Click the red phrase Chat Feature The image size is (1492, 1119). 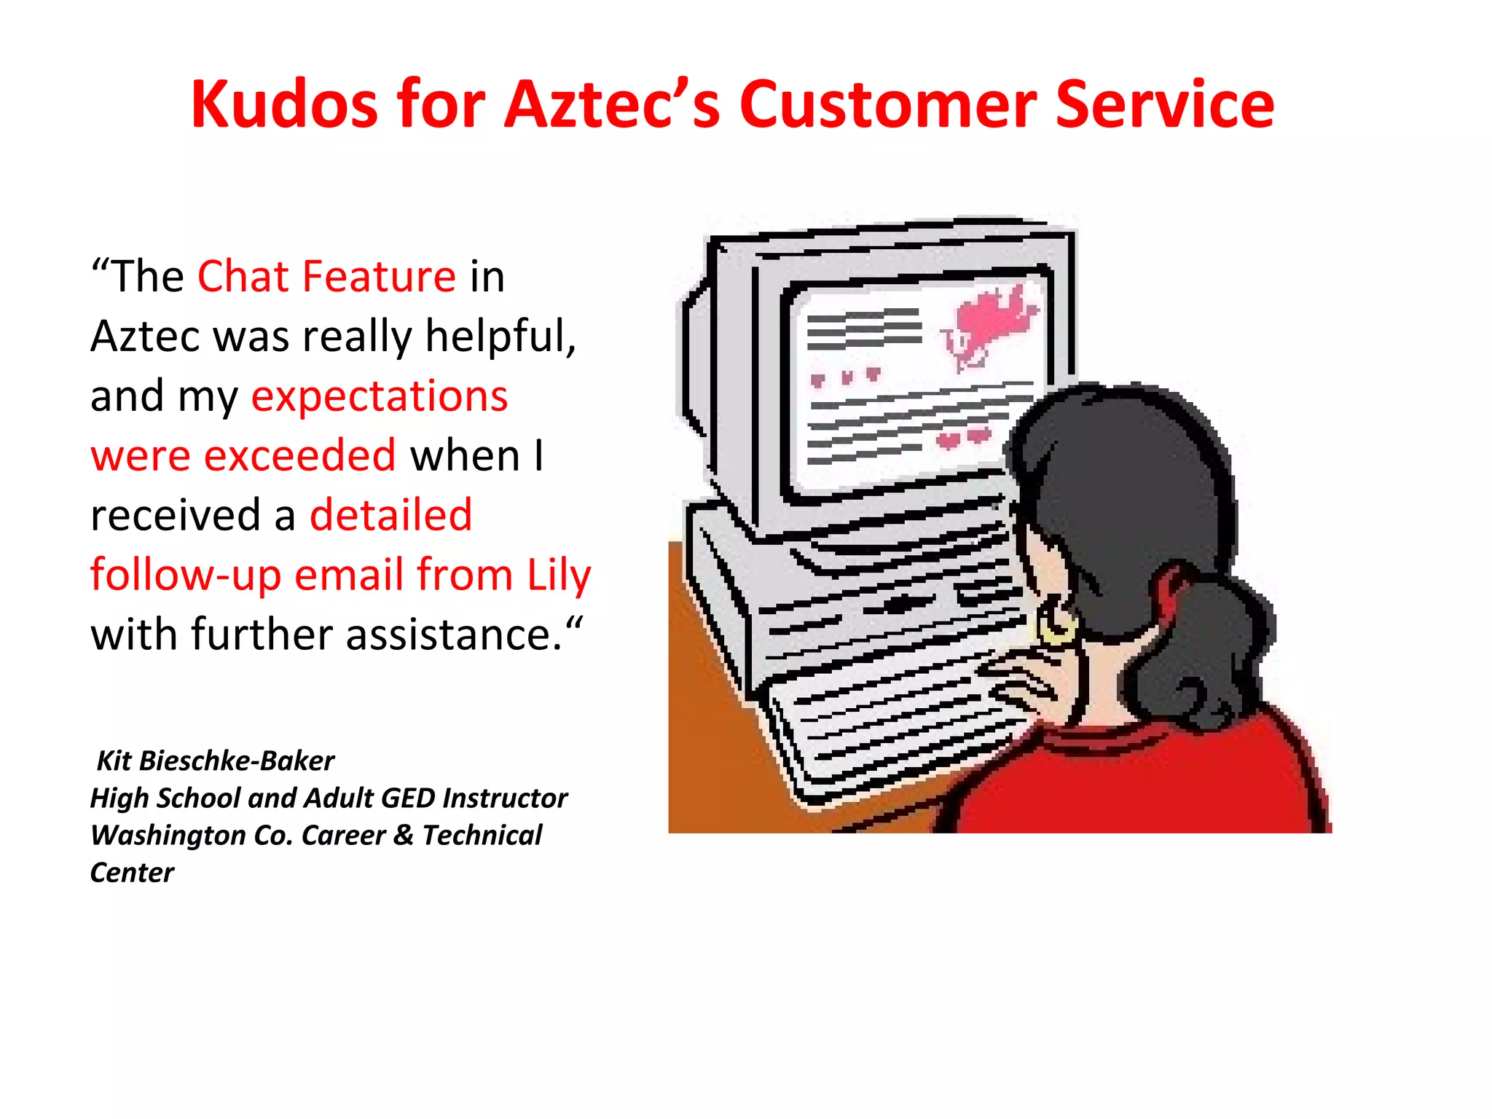[326, 277]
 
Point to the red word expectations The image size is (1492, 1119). [379, 396]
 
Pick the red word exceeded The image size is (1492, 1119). [299, 456]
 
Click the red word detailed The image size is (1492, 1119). [391, 516]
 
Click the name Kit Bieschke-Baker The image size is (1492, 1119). [216, 761]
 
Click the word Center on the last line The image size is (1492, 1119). [132, 873]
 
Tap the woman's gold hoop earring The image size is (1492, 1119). [1056, 624]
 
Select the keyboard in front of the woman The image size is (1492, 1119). [889, 729]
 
